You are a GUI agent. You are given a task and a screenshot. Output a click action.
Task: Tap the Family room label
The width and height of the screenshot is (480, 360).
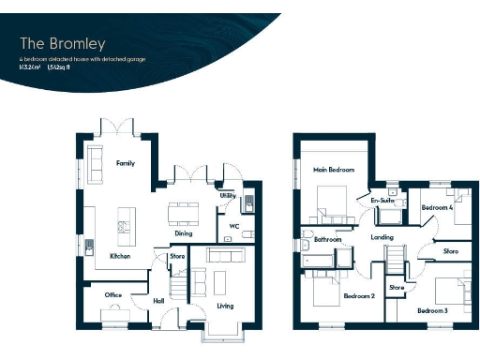click(125, 163)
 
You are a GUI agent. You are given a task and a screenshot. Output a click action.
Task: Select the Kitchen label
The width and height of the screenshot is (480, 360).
click(119, 256)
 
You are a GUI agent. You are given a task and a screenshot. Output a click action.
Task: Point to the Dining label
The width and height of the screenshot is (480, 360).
click(183, 232)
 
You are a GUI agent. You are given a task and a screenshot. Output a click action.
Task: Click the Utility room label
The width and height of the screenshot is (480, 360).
click(227, 195)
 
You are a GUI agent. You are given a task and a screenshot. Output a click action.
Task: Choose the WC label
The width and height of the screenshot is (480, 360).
click(233, 226)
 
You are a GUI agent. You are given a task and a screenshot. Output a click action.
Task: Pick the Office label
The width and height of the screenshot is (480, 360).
click(113, 295)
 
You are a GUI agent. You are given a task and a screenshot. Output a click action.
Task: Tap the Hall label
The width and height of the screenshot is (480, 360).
click(159, 302)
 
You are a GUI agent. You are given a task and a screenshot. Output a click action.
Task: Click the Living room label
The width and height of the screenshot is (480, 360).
click(225, 306)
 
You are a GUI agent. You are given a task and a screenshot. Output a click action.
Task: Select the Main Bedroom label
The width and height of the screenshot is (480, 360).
click(334, 170)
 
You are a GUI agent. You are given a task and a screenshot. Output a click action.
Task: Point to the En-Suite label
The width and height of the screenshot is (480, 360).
click(381, 200)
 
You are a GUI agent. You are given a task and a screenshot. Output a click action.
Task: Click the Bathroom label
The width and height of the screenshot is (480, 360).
click(327, 240)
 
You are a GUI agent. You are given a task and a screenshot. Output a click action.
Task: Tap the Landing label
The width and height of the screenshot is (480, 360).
click(382, 237)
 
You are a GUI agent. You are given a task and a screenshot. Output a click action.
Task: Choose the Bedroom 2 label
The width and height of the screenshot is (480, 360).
click(359, 296)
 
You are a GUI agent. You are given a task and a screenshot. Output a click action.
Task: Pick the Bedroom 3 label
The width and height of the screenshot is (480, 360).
click(432, 309)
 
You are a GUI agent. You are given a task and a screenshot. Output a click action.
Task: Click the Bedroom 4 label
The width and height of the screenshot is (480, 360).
click(437, 207)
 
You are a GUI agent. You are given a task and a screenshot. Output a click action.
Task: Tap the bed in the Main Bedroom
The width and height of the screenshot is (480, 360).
click(331, 199)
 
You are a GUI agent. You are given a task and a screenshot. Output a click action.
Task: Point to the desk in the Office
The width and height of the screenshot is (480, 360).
click(113, 312)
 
